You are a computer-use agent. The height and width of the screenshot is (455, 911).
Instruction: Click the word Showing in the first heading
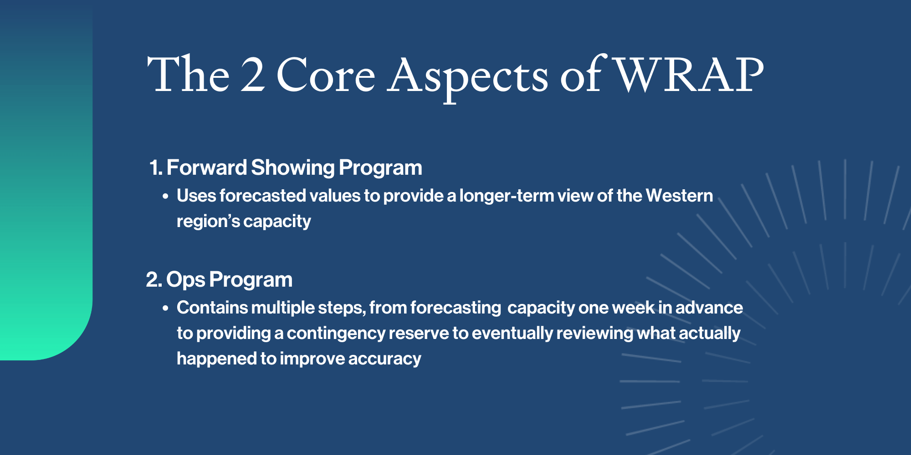(x=292, y=168)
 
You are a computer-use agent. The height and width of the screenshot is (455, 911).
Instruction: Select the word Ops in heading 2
(x=185, y=280)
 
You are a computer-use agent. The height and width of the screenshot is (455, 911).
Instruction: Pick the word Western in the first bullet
(x=679, y=196)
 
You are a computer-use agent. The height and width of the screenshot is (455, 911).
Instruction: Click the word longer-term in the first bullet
(x=506, y=196)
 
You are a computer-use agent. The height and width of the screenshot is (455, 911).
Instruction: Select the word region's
(x=208, y=222)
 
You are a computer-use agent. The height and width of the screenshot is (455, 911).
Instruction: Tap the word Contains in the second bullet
(x=212, y=308)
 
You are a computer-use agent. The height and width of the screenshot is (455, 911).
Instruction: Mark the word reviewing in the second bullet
(x=594, y=334)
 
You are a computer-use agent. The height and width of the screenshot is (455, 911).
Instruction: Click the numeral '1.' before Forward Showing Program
(x=155, y=168)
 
